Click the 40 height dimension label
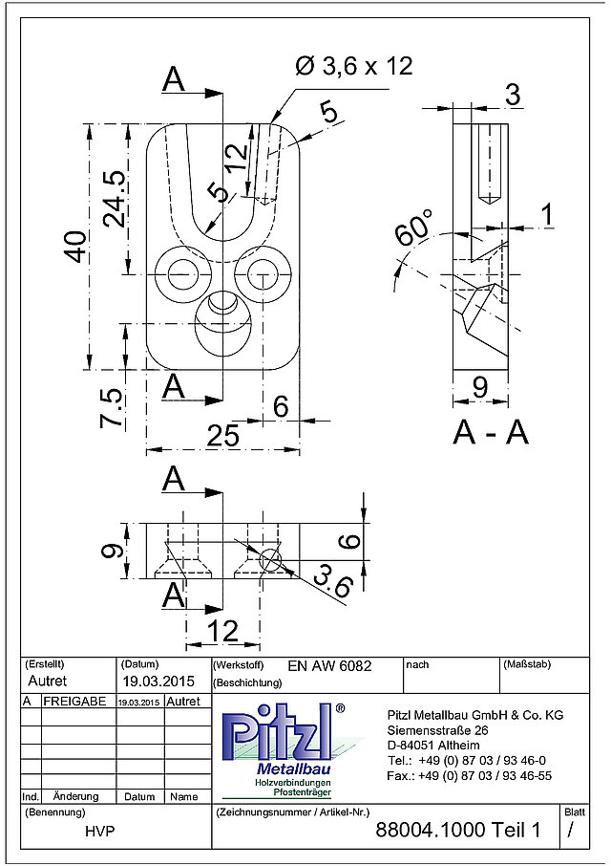(76, 247)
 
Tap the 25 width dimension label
(222, 435)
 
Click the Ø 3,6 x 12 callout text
(353, 67)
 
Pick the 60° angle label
(414, 227)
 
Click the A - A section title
(491, 432)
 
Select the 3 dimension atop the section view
(513, 95)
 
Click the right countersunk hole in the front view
(262, 274)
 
